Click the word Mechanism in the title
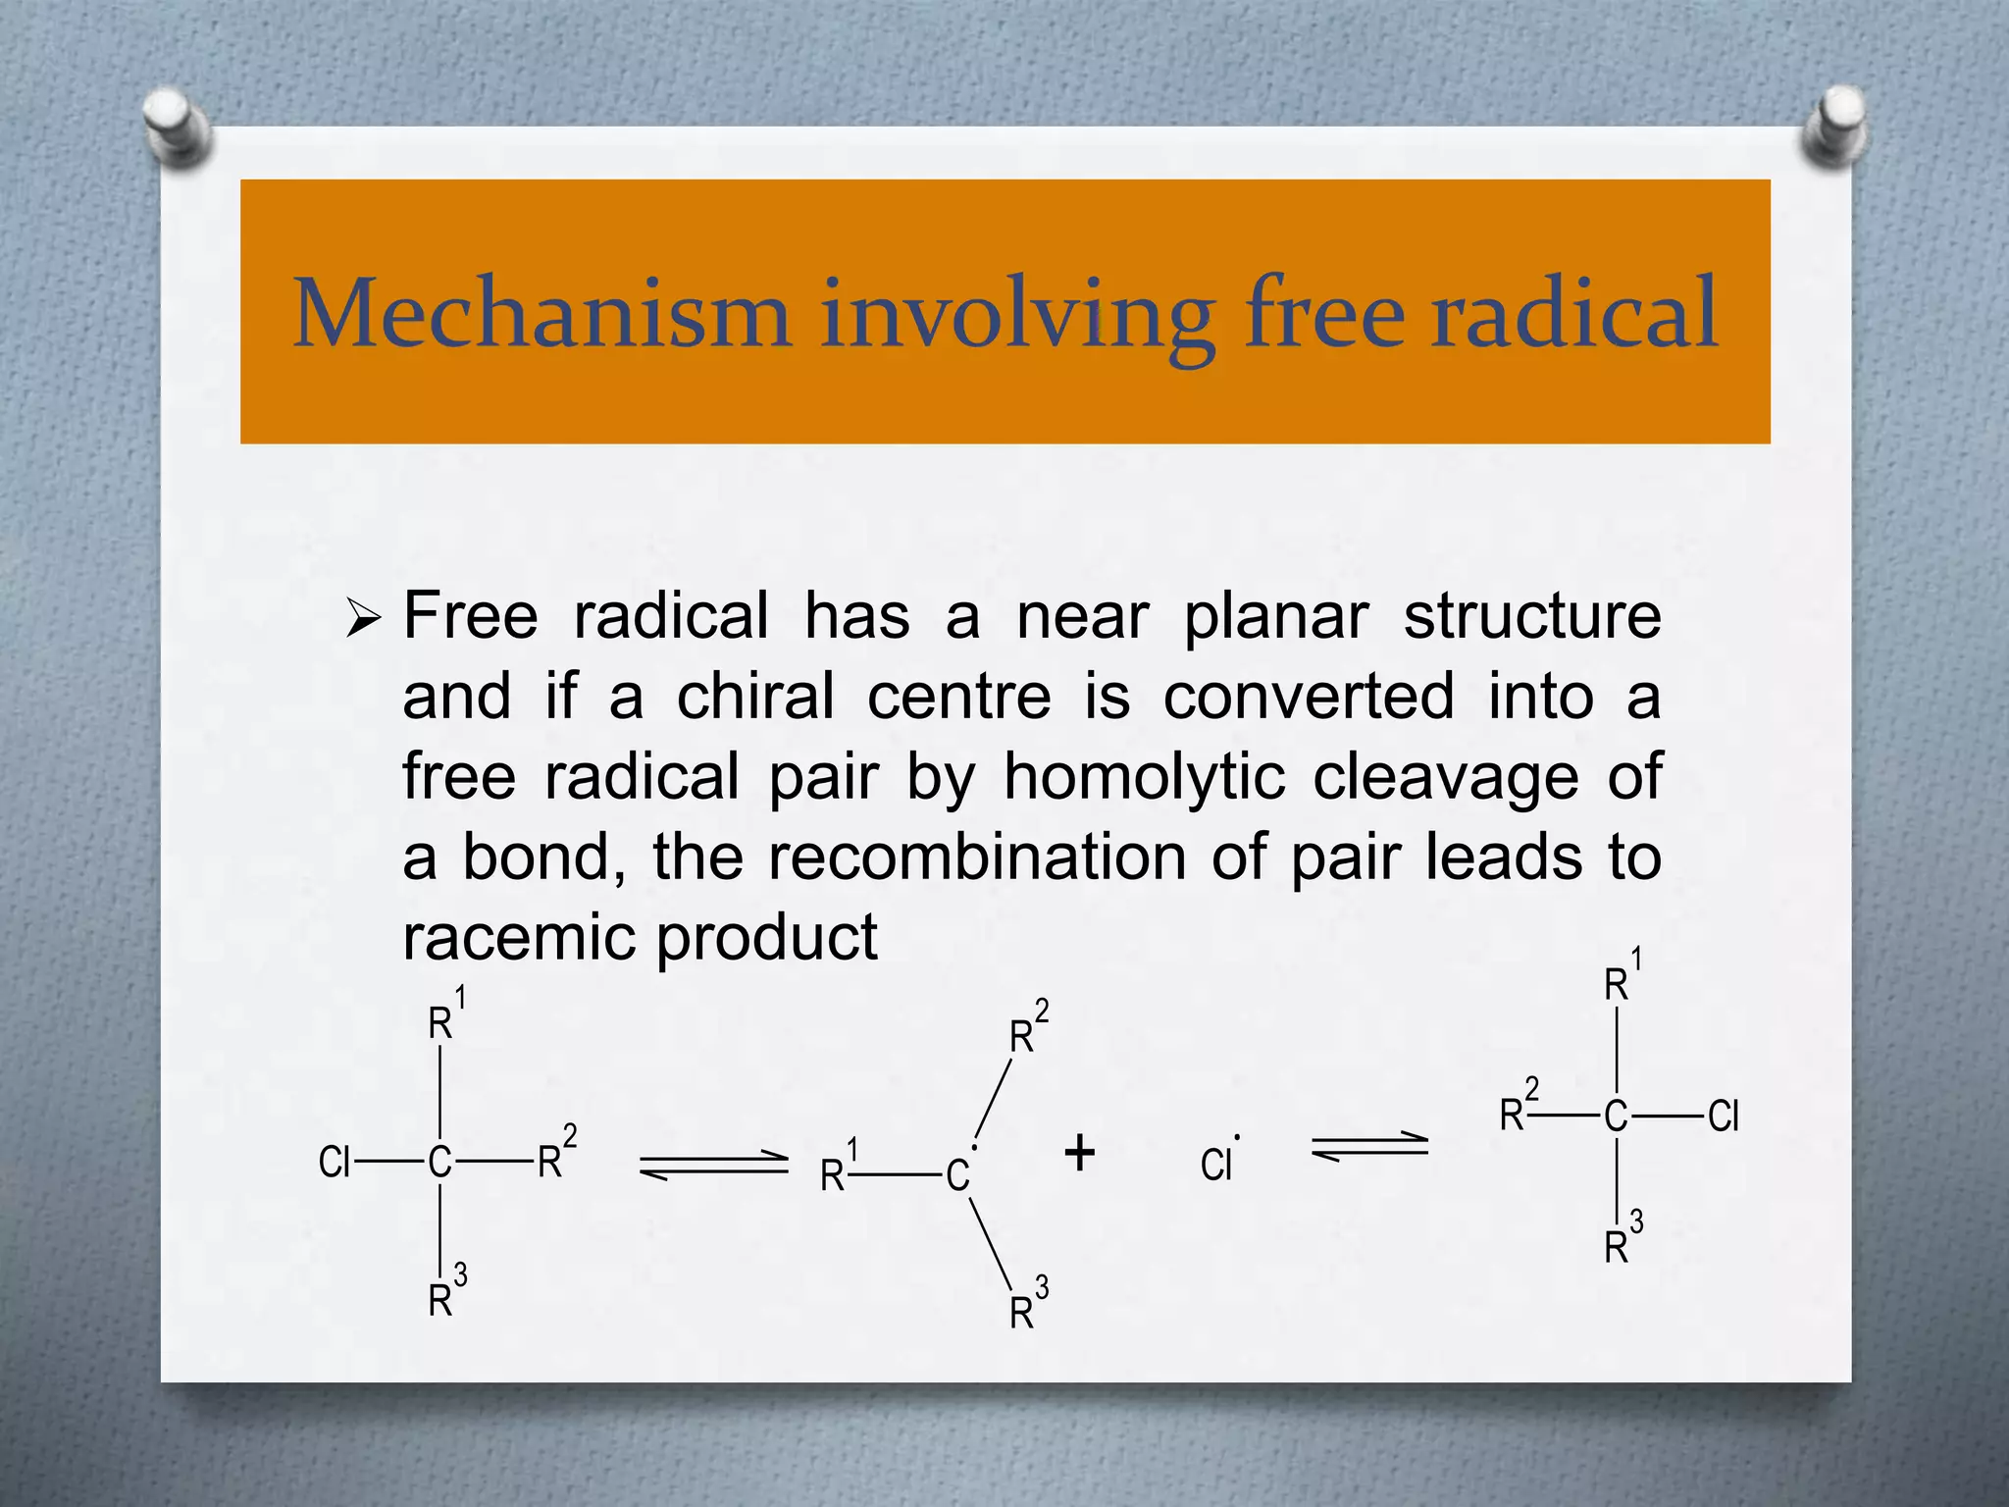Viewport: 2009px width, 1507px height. point(541,314)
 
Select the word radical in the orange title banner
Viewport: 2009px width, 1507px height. point(1574,314)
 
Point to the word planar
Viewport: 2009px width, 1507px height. point(1275,619)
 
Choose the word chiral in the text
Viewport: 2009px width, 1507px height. point(755,698)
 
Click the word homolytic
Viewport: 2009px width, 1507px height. point(1144,778)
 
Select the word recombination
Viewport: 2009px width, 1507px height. point(977,858)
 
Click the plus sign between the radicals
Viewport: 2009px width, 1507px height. point(1079,1153)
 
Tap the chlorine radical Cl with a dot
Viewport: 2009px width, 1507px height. point(1217,1163)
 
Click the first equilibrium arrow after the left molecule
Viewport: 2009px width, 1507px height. point(713,1165)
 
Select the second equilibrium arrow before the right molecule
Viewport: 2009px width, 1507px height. point(1369,1146)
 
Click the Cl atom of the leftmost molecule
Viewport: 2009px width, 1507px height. point(335,1163)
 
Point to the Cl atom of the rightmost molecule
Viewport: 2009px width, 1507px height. point(1723,1117)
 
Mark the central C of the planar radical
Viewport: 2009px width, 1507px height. point(957,1175)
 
